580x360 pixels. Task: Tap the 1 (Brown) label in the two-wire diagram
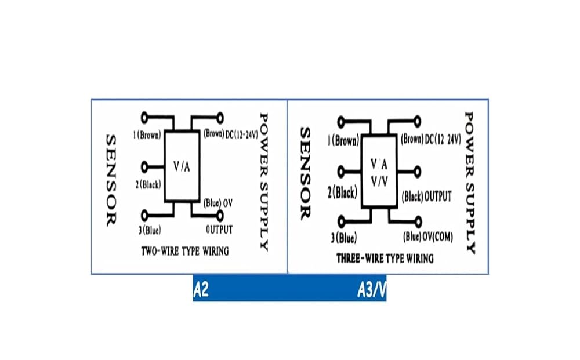[147, 135]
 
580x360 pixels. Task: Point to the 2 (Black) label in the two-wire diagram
[148, 184]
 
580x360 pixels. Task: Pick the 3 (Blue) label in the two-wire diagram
[150, 230]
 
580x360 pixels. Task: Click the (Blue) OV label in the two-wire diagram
[218, 203]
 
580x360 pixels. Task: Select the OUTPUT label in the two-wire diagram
[219, 230]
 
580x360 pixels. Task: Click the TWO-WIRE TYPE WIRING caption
[185, 252]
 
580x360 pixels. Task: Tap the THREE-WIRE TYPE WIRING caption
[385, 258]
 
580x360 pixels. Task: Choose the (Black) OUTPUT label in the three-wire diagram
[426, 197]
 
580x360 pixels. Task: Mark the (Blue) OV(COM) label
[428, 237]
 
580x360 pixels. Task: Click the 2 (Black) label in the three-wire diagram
[343, 192]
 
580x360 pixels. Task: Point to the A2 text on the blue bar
[201, 290]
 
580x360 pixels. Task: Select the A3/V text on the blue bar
[372, 290]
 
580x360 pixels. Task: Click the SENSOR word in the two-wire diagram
[111, 180]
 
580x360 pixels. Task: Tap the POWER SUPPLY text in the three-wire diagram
[469, 183]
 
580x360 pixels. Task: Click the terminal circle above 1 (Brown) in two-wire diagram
[144, 118]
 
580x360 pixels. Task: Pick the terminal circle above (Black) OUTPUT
[417, 172]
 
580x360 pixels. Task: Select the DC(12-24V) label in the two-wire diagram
[241, 134]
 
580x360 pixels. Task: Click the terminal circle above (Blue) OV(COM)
[418, 222]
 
